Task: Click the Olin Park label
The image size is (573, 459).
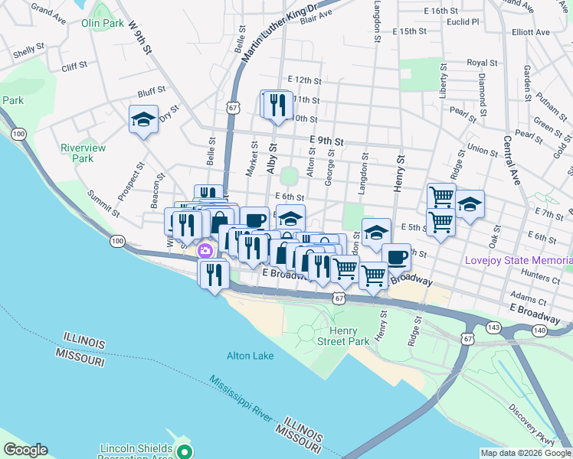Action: pos(102,23)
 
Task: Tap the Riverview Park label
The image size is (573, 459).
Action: pos(83,153)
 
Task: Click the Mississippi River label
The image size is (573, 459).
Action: pos(241,398)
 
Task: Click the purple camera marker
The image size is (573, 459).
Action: pos(205,251)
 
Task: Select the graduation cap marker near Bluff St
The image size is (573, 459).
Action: pos(143,119)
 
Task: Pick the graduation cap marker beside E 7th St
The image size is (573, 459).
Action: pos(470,204)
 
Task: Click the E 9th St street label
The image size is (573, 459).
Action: pos(327,141)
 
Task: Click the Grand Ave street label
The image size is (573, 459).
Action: pos(48,13)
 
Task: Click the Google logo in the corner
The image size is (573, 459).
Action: pos(25,450)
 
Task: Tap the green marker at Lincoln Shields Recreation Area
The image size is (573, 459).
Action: pos(183,451)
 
